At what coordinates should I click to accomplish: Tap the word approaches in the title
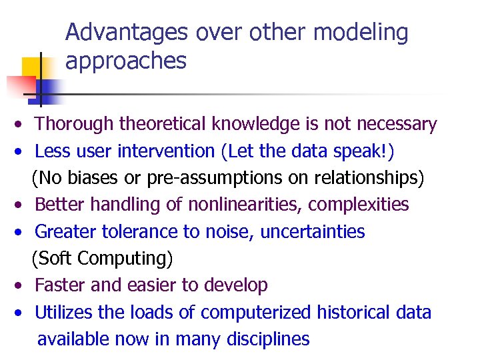tap(126, 61)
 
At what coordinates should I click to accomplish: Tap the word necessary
tap(397, 124)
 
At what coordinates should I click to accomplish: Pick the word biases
tap(95, 178)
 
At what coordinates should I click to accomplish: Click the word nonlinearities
tap(235, 205)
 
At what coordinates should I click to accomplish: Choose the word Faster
tap(57, 285)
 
